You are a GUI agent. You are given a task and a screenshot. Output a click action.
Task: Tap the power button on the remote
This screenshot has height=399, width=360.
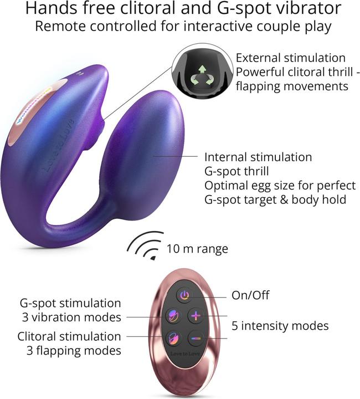click(184, 295)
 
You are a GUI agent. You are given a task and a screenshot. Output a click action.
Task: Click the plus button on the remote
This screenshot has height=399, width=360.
click(196, 316)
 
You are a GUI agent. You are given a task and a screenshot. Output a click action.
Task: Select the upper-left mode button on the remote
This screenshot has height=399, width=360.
click(174, 316)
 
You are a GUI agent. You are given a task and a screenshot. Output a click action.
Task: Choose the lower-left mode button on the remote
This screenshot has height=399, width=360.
click(174, 339)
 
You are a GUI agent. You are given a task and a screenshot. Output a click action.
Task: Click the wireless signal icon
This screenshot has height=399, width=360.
click(146, 245)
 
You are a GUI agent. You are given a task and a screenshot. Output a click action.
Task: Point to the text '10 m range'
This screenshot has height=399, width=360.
click(197, 249)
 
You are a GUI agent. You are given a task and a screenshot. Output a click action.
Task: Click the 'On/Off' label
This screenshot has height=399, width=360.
click(250, 295)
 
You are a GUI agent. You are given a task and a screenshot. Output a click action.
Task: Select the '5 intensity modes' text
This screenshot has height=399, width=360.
click(280, 326)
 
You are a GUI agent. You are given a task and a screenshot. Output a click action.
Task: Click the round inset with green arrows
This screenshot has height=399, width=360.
click(202, 74)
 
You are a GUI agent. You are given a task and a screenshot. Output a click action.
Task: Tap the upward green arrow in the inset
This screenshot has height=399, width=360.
click(202, 69)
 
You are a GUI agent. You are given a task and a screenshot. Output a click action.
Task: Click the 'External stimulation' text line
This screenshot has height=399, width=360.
click(291, 58)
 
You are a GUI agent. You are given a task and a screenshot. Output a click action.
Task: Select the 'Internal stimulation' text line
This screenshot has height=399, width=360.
click(258, 157)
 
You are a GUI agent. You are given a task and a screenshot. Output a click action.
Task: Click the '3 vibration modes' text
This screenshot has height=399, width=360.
click(71, 318)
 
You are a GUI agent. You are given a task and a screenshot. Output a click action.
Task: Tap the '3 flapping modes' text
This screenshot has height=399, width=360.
click(74, 351)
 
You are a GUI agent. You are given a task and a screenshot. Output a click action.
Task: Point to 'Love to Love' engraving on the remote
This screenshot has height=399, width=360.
click(185, 354)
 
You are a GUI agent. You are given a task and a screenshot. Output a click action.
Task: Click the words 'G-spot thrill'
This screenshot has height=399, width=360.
click(236, 171)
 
